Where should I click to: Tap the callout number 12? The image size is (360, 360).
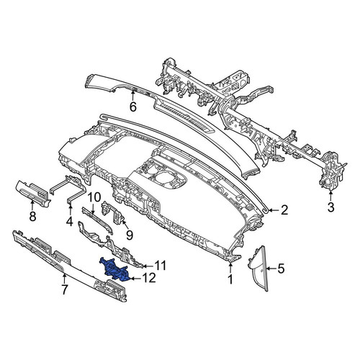coord(149,279)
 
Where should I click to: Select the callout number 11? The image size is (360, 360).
coord(160,266)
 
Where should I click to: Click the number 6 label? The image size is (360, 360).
coord(133,107)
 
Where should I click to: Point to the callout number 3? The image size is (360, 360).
coord(331,207)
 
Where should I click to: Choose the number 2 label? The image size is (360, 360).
coord(284,210)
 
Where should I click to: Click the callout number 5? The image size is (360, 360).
coord(281,269)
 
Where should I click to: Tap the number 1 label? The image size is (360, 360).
coord(230,279)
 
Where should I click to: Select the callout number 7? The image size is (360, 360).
coord(64,289)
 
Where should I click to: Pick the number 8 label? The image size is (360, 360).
coord(32,216)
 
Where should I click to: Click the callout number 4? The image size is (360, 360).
coord(70,221)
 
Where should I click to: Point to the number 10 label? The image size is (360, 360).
coord(94,197)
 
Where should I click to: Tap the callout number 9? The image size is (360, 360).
coord(130,235)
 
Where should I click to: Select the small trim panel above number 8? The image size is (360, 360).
coord(33,194)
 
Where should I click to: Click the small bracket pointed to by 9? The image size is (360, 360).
coord(113,212)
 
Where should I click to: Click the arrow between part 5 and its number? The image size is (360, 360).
coord(270,269)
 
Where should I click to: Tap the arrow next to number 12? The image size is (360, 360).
coord(135,279)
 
